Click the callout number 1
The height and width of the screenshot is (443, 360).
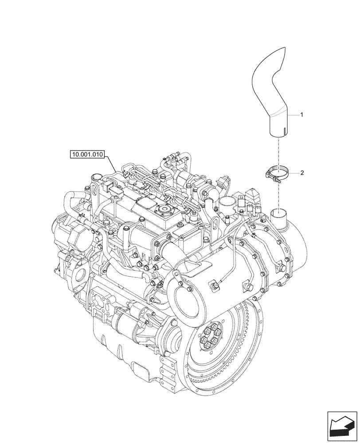[x=301, y=115]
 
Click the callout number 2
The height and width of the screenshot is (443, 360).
[x=302, y=173]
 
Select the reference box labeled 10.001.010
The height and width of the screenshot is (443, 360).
[x=86, y=155]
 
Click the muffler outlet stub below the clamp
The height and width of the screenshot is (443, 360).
[x=279, y=215]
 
